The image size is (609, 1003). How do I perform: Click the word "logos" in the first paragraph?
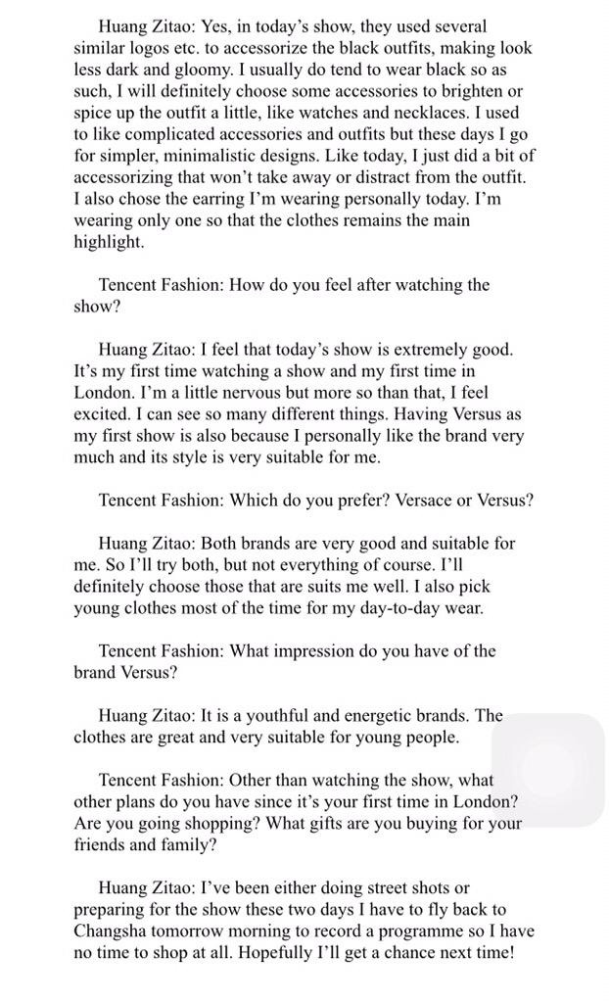pos(159,47)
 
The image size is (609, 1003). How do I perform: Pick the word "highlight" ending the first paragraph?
pos(108,241)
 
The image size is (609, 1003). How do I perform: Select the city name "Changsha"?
pos(114,931)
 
